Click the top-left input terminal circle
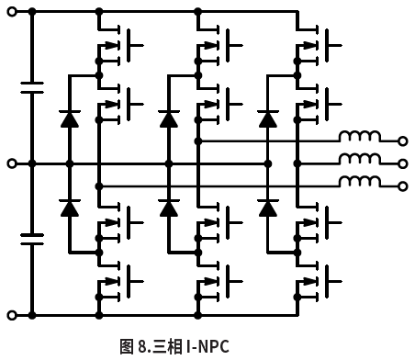point(11,12)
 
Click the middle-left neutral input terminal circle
point(11,163)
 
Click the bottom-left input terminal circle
point(11,315)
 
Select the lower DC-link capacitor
point(32,239)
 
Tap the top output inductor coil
point(360,140)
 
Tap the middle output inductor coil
point(360,163)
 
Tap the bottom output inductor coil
point(360,185)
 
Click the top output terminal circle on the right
point(402,141)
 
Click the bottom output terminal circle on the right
point(402,186)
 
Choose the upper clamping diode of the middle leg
point(168,118)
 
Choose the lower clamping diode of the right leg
point(268,208)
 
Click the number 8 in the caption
point(142,346)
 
